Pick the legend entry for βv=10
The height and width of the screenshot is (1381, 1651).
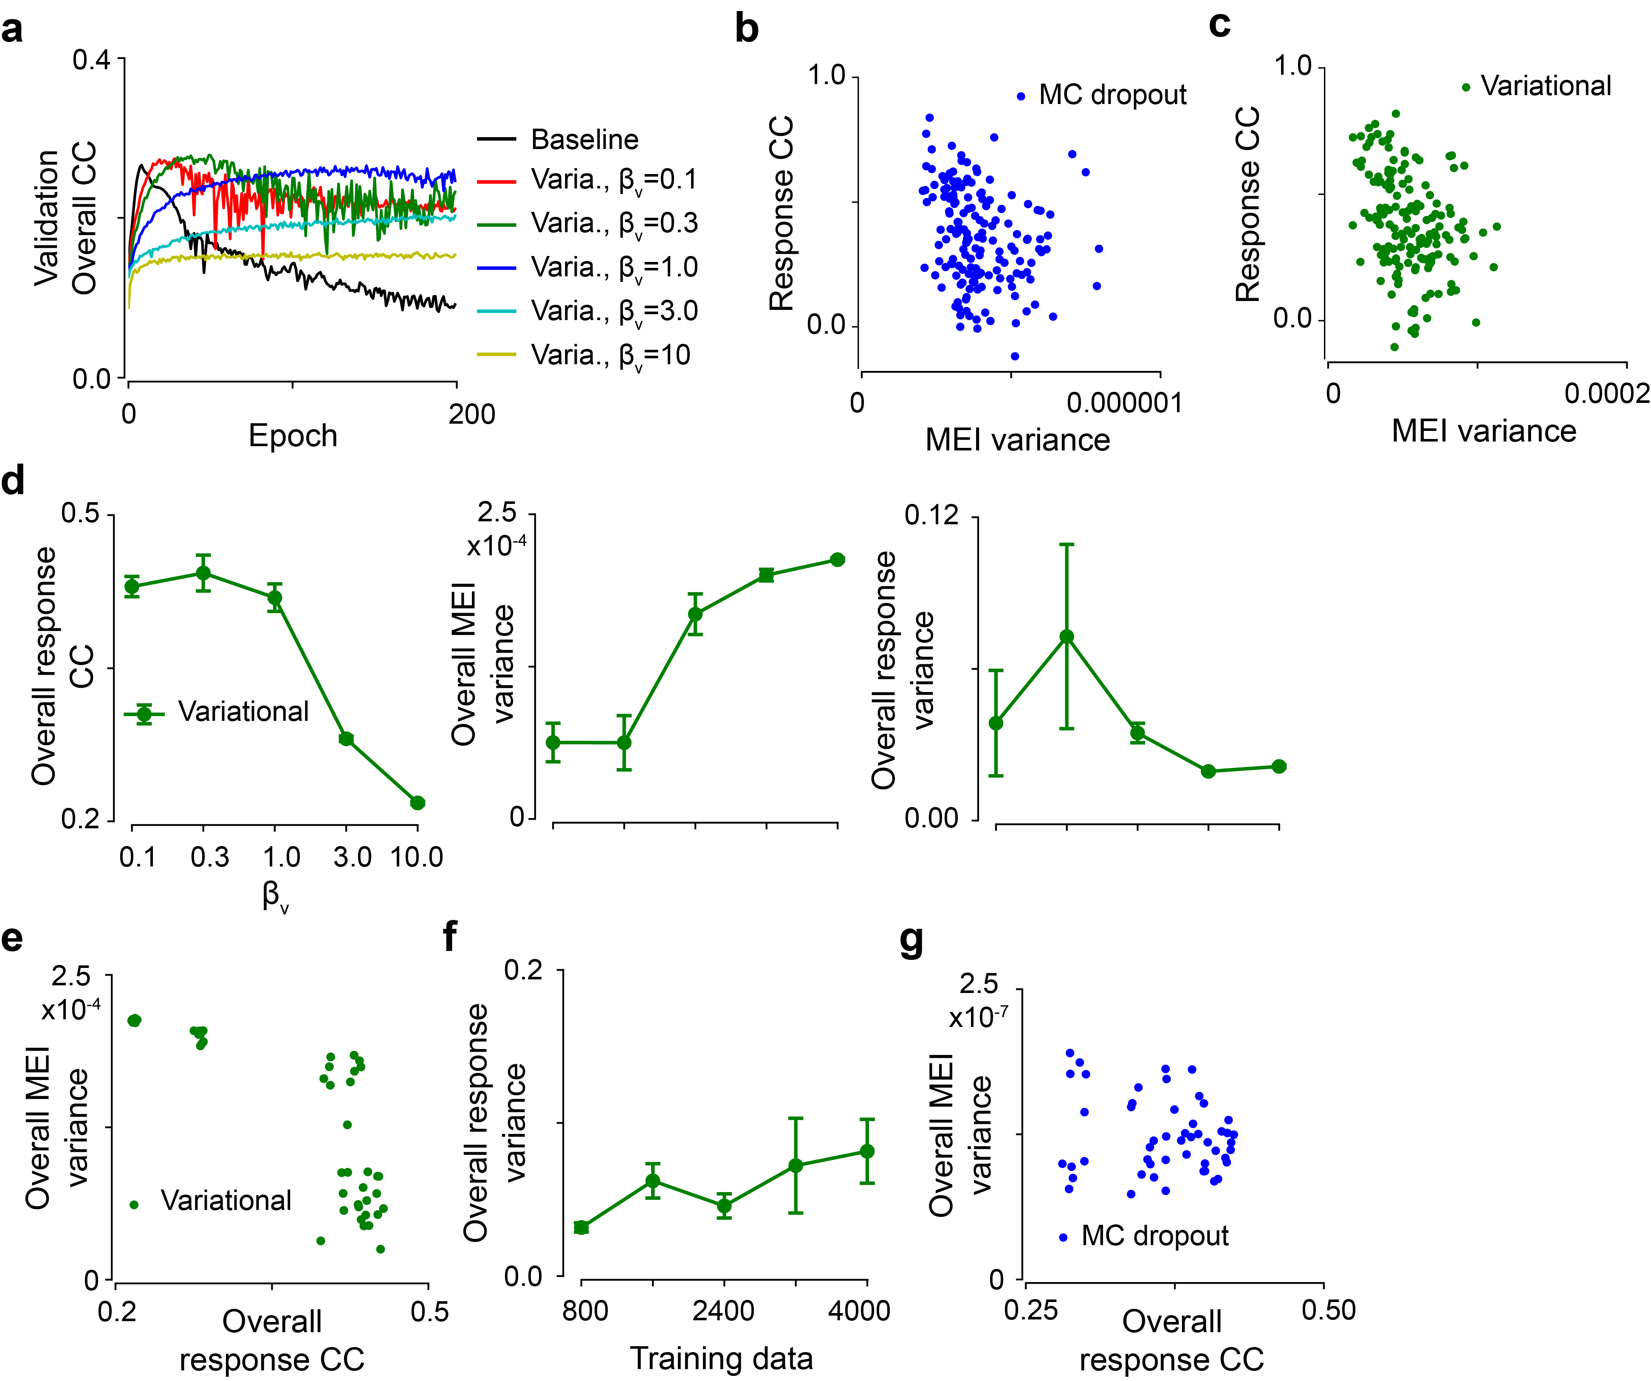610,355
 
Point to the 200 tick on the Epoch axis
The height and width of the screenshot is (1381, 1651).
472,414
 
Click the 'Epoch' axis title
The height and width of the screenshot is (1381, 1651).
293,436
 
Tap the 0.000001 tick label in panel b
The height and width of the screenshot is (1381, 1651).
1124,403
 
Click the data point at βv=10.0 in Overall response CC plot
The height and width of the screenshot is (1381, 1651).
418,802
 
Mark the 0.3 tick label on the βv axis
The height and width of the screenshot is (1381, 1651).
210,857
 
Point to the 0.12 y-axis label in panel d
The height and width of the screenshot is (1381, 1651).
931,516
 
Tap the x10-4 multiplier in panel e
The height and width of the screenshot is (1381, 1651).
71,1009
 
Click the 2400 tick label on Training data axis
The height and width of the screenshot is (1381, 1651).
723,1310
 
